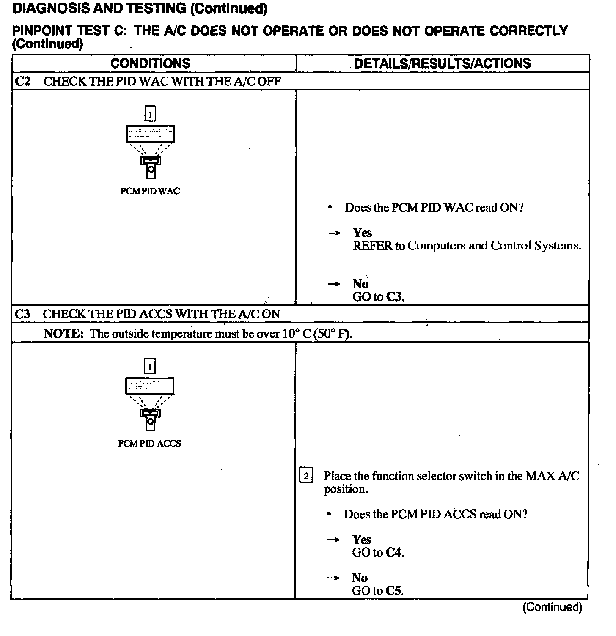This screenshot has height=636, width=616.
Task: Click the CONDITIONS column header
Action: click(x=150, y=63)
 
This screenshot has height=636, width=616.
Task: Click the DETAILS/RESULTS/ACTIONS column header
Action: click(x=443, y=63)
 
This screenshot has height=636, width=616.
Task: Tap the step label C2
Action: click(x=22, y=81)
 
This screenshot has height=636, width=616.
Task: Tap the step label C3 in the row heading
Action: click(x=22, y=314)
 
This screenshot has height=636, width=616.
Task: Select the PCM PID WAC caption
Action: click(x=150, y=191)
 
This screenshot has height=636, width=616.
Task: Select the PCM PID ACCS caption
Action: click(x=149, y=444)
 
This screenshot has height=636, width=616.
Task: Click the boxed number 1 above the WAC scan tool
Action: click(x=150, y=114)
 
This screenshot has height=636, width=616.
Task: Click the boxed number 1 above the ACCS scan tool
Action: click(x=149, y=366)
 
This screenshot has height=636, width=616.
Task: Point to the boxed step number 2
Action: click(x=306, y=476)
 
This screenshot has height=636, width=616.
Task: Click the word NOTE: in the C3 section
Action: click(x=64, y=334)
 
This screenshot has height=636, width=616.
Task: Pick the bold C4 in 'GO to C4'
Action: click(x=394, y=553)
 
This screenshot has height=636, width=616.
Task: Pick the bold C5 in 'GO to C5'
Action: click(x=394, y=591)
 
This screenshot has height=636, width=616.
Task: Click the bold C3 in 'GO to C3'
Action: click(x=395, y=297)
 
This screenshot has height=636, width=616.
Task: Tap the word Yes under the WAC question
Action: click(x=363, y=233)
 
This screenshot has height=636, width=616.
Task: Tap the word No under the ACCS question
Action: click(x=360, y=578)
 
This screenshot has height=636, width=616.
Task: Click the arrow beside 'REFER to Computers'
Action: click(x=334, y=233)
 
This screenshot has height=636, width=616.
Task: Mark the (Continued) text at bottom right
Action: click(x=552, y=607)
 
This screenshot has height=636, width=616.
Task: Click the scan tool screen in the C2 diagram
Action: click(x=150, y=134)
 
